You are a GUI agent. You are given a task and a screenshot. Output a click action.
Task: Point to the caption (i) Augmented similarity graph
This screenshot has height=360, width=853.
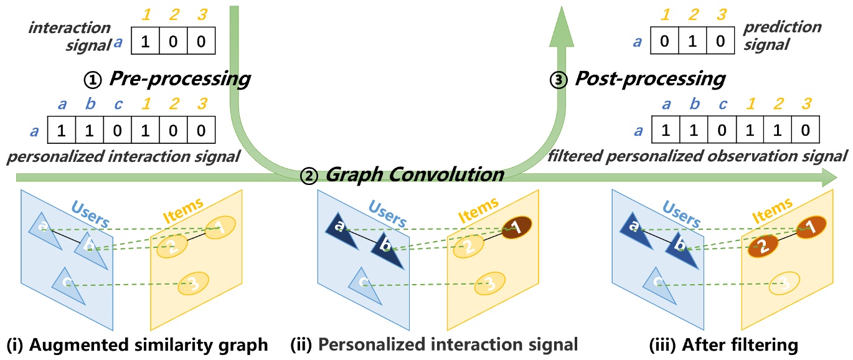click(x=137, y=344)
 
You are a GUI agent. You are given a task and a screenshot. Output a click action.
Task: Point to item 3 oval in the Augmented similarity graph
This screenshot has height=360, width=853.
click(x=192, y=285)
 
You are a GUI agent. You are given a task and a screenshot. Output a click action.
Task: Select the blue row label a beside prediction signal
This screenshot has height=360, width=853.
click(x=637, y=42)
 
